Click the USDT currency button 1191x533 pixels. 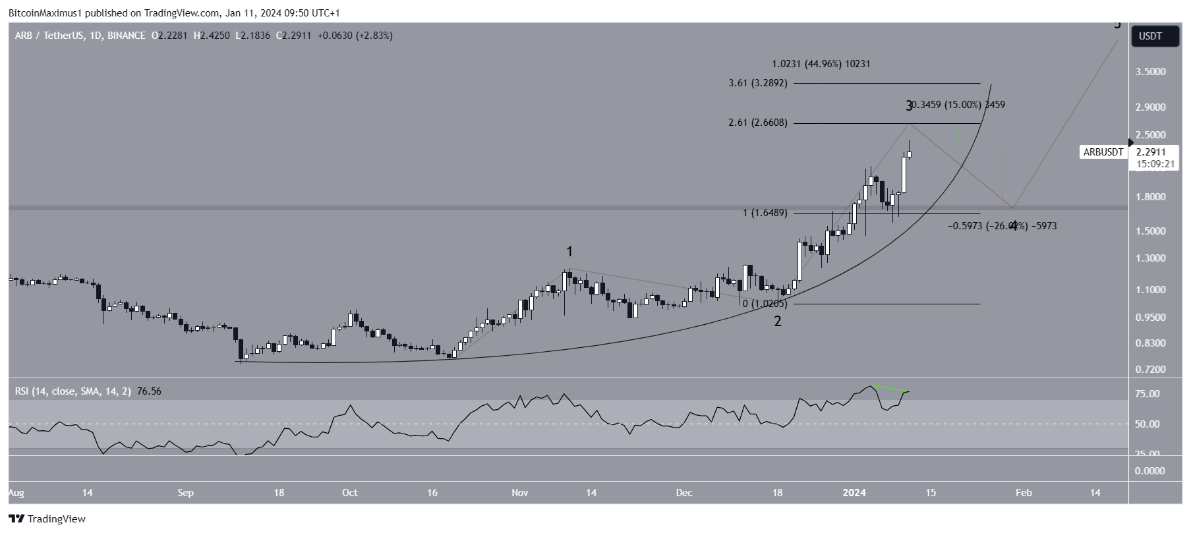pos(1150,36)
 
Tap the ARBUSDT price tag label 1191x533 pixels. pos(1103,152)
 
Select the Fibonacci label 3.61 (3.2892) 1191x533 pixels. pos(758,84)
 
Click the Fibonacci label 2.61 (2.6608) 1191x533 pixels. pos(758,123)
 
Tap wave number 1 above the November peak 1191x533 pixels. pos(569,252)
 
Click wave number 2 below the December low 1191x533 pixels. pos(778,322)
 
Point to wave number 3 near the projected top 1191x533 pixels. pos(909,105)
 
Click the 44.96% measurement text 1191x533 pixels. pos(821,65)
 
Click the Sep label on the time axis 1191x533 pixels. pos(185,493)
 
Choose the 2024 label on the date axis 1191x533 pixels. pos(855,493)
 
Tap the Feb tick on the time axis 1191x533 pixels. pos(1023,493)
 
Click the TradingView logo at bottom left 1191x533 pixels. pos(47,519)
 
